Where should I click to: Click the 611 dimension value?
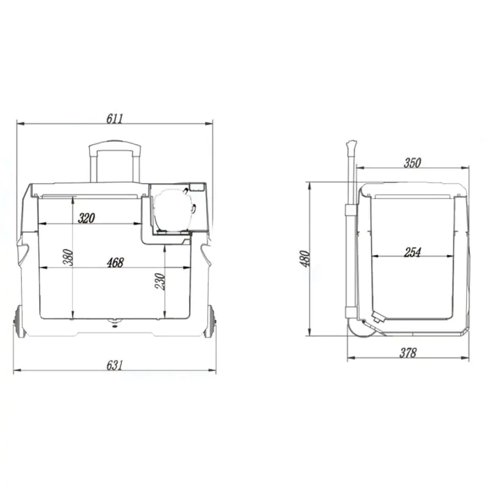[x=115, y=118]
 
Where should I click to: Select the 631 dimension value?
[x=115, y=365]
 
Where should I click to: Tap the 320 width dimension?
[x=86, y=218]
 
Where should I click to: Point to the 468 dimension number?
[x=115, y=262]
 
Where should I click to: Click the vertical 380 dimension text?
[x=68, y=257]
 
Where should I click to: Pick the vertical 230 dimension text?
[x=160, y=281]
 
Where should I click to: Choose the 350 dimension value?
[x=412, y=163]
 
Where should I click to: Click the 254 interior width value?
[x=412, y=252]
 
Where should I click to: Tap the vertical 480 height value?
[x=304, y=258]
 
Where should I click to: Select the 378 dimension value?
[x=407, y=353]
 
